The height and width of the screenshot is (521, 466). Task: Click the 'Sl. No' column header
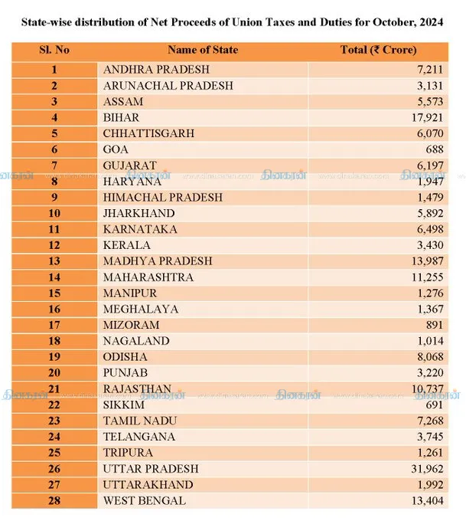point(54,50)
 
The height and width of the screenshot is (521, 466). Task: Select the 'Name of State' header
point(203,50)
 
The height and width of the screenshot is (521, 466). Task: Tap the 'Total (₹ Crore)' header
point(378,50)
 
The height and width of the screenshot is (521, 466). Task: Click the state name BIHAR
point(121,118)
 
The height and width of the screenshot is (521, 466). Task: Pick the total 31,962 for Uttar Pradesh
point(427,468)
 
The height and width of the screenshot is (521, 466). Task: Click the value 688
point(435,149)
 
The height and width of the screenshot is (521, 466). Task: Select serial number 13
point(54,261)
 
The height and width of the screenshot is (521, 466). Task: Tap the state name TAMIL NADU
point(140,421)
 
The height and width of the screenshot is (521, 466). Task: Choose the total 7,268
point(430,421)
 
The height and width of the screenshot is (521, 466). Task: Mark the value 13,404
point(428,500)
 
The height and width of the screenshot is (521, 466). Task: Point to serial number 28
point(54,500)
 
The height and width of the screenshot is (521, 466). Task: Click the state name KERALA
point(126,245)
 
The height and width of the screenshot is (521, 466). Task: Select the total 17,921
point(428,118)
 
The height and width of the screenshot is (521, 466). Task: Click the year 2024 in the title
point(431,22)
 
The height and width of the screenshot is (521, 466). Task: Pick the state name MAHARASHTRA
point(148,277)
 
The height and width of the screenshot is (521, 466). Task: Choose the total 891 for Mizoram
point(435,325)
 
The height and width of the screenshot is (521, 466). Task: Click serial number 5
point(54,133)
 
